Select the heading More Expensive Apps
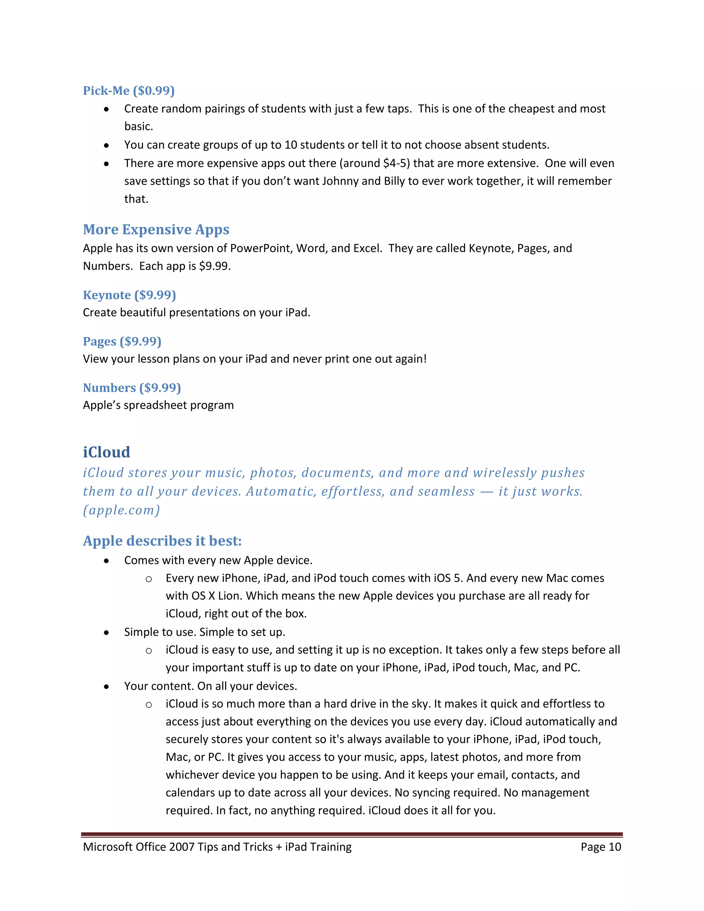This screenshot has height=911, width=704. pyautogui.click(x=156, y=229)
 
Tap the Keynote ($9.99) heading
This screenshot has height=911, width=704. pyautogui.click(x=129, y=295)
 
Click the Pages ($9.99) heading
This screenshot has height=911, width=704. pyautogui.click(x=122, y=341)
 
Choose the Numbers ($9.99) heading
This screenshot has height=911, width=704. pyautogui.click(x=132, y=387)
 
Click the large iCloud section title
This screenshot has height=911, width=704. pyautogui.click(x=106, y=452)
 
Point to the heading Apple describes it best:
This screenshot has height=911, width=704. pyautogui.click(x=162, y=541)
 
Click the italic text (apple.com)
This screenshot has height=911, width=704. pyautogui.click(x=121, y=510)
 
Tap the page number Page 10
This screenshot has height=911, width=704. pyautogui.click(x=601, y=847)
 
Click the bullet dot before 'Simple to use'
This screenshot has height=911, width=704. pyautogui.click(x=107, y=632)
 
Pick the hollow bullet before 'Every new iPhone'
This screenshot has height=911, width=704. pyautogui.click(x=148, y=579)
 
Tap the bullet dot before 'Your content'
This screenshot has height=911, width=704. pyautogui.click(x=107, y=687)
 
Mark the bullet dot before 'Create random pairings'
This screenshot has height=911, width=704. pyautogui.click(x=107, y=109)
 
